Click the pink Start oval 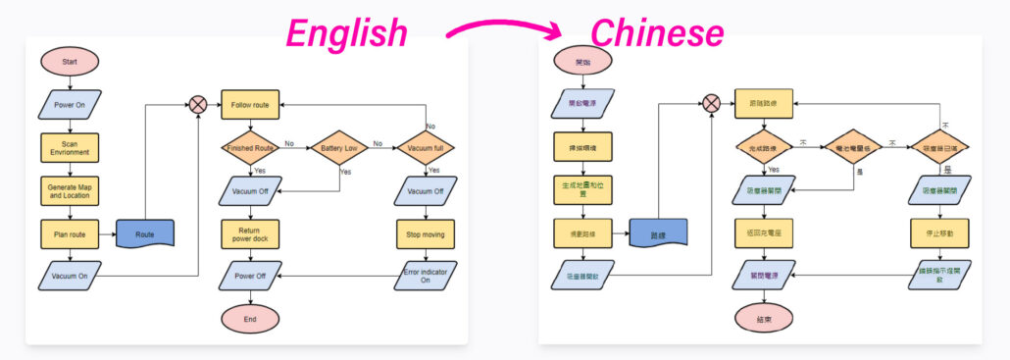coord(70,61)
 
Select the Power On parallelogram coord(70,104)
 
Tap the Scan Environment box coord(70,148)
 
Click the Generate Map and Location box coord(70,189)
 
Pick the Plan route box coord(70,234)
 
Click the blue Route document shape coord(145,234)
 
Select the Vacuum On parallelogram coord(70,276)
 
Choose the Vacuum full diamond coord(427,148)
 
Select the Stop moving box coord(427,234)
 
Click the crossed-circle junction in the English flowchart coord(199,104)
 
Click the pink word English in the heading coord(346,33)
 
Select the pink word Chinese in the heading coord(657,33)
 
